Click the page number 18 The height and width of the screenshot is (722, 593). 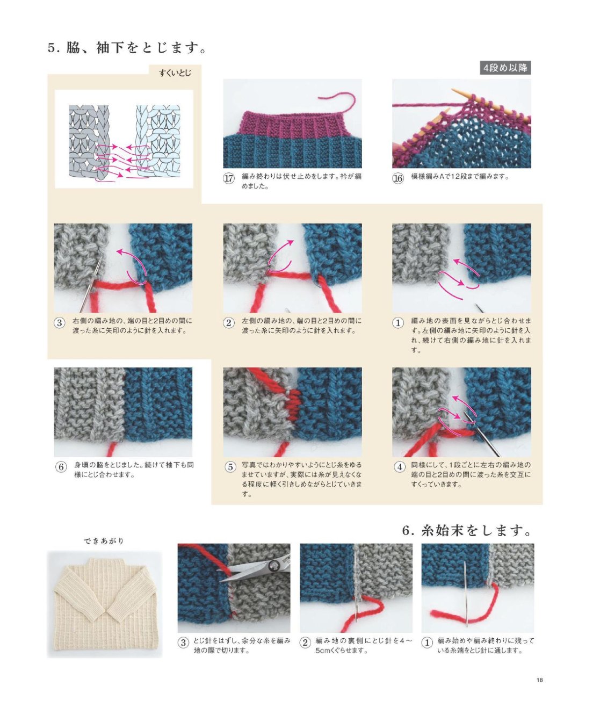(540, 680)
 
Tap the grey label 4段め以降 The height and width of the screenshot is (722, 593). (505, 68)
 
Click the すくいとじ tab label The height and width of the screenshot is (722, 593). (175, 73)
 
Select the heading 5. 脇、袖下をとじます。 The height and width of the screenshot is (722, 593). (127, 48)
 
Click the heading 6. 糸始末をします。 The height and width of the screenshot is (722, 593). (467, 531)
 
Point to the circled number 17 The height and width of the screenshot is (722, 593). (229, 178)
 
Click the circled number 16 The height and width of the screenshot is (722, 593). (398, 178)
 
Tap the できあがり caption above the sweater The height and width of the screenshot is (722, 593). (104, 541)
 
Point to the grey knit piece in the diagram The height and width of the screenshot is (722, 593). (89, 142)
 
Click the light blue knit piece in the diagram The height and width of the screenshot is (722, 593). (158, 141)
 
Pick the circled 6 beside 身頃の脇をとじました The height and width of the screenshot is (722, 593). (61, 467)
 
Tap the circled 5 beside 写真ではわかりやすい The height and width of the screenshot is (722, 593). (230, 467)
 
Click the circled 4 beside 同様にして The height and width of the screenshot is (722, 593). (399, 467)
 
